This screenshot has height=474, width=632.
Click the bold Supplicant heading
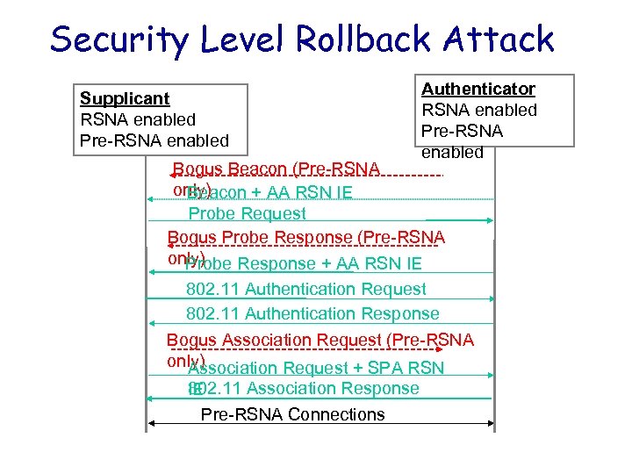pos(125,98)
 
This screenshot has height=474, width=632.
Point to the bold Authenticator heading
pos(478,89)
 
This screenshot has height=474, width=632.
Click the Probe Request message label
pos(248,213)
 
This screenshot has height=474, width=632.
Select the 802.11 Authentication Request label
pos(306,289)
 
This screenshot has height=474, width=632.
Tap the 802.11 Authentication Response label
pos(312,313)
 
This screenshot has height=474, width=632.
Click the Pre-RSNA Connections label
pos(293,414)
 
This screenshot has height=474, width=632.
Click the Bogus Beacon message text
pos(276,169)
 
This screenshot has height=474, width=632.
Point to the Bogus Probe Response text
pos(306,238)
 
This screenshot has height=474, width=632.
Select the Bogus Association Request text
pos(320,340)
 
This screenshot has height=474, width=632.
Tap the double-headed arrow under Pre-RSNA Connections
pos(320,424)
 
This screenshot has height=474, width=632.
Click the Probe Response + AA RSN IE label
pos(304,263)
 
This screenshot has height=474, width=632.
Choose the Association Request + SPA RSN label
pos(316,369)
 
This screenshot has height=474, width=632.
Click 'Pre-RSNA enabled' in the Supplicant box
pos(154,140)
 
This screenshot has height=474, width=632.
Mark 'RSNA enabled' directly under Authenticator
pos(479,110)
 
